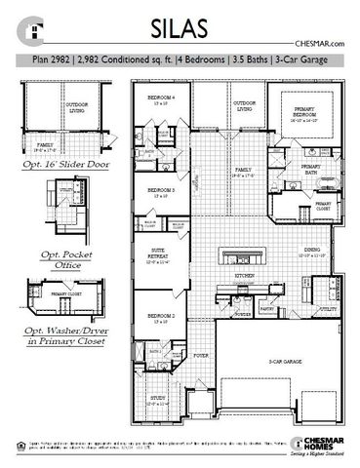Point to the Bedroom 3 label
[161, 190]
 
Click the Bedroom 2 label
[161, 317]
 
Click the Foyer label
[201, 357]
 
